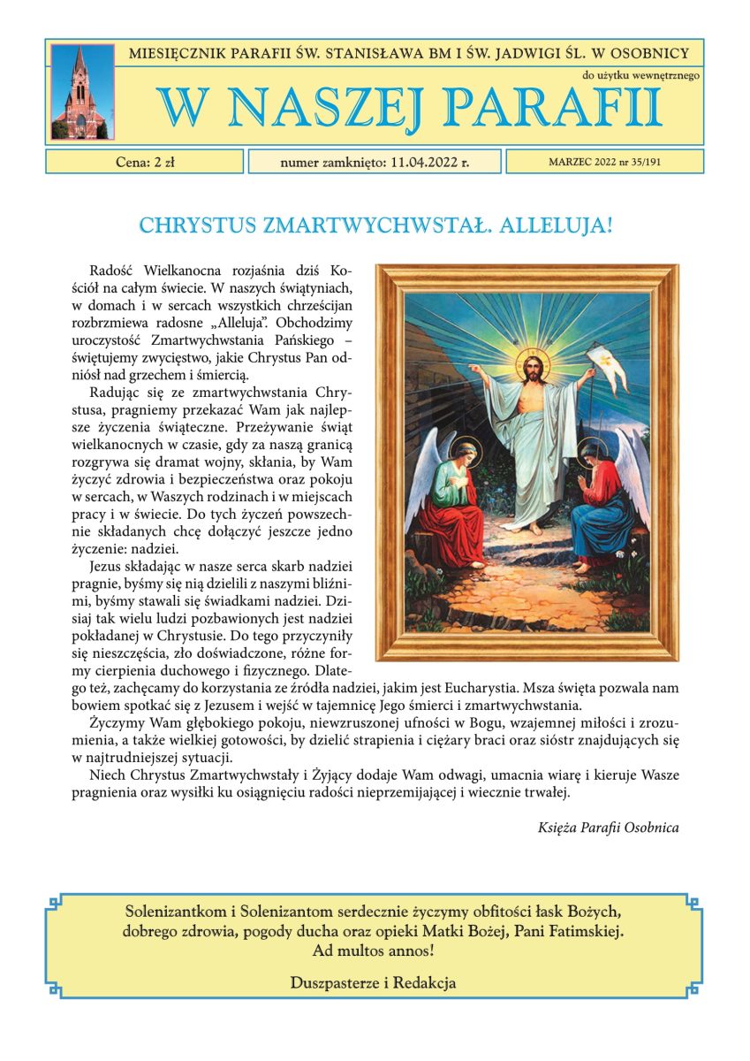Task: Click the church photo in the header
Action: (81, 92)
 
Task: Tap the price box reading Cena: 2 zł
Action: (145, 162)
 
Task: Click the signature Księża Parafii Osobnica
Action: (608, 828)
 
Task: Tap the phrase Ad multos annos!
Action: (374, 952)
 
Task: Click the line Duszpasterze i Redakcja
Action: (374, 982)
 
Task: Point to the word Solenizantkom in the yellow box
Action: (175, 911)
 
